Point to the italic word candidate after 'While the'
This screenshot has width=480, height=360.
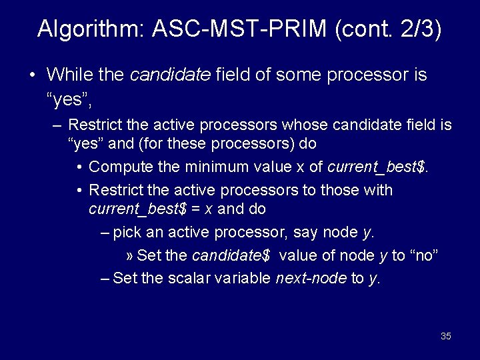click(x=170, y=75)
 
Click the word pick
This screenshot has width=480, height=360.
click(x=127, y=233)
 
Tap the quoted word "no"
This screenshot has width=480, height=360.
click(x=423, y=256)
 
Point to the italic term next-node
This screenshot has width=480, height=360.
click(x=311, y=279)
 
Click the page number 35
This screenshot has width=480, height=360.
click(x=446, y=336)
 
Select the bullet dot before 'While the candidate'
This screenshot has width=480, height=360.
click(x=33, y=75)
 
